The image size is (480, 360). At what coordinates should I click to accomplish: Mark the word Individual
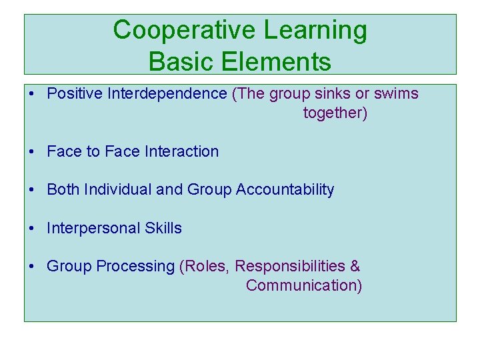[118, 190]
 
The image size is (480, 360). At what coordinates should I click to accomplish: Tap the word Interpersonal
[85, 229]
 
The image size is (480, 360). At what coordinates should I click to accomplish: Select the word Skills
[163, 228]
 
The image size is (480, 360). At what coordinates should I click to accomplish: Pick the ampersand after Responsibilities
[355, 267]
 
